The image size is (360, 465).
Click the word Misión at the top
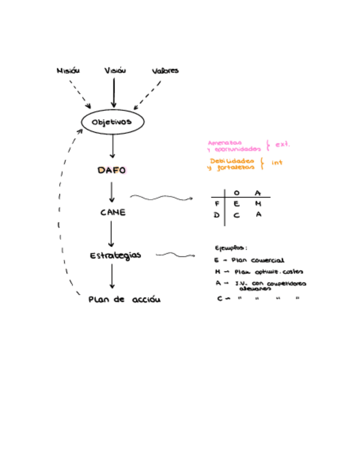[x=68, y=71]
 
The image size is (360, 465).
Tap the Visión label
[x=115, y=71]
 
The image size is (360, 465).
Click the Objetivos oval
[x=113, y=122]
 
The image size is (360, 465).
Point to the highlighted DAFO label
[x=111, y=171]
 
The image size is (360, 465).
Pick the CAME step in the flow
[x=113, y=212]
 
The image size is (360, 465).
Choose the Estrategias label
[x=116, y=256]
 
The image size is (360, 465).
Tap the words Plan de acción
[x=125, y=300]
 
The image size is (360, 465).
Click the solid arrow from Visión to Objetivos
[x=114, y=92]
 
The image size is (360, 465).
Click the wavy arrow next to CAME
[x=161, y=198]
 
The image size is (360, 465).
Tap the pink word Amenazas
[x=224, y=143]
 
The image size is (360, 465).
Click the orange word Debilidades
[x=232, y=161]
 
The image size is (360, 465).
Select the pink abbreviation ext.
[x=282, y=144]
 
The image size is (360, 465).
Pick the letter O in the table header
[x=237, y=192]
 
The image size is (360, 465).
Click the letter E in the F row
[x=237, y=203]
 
